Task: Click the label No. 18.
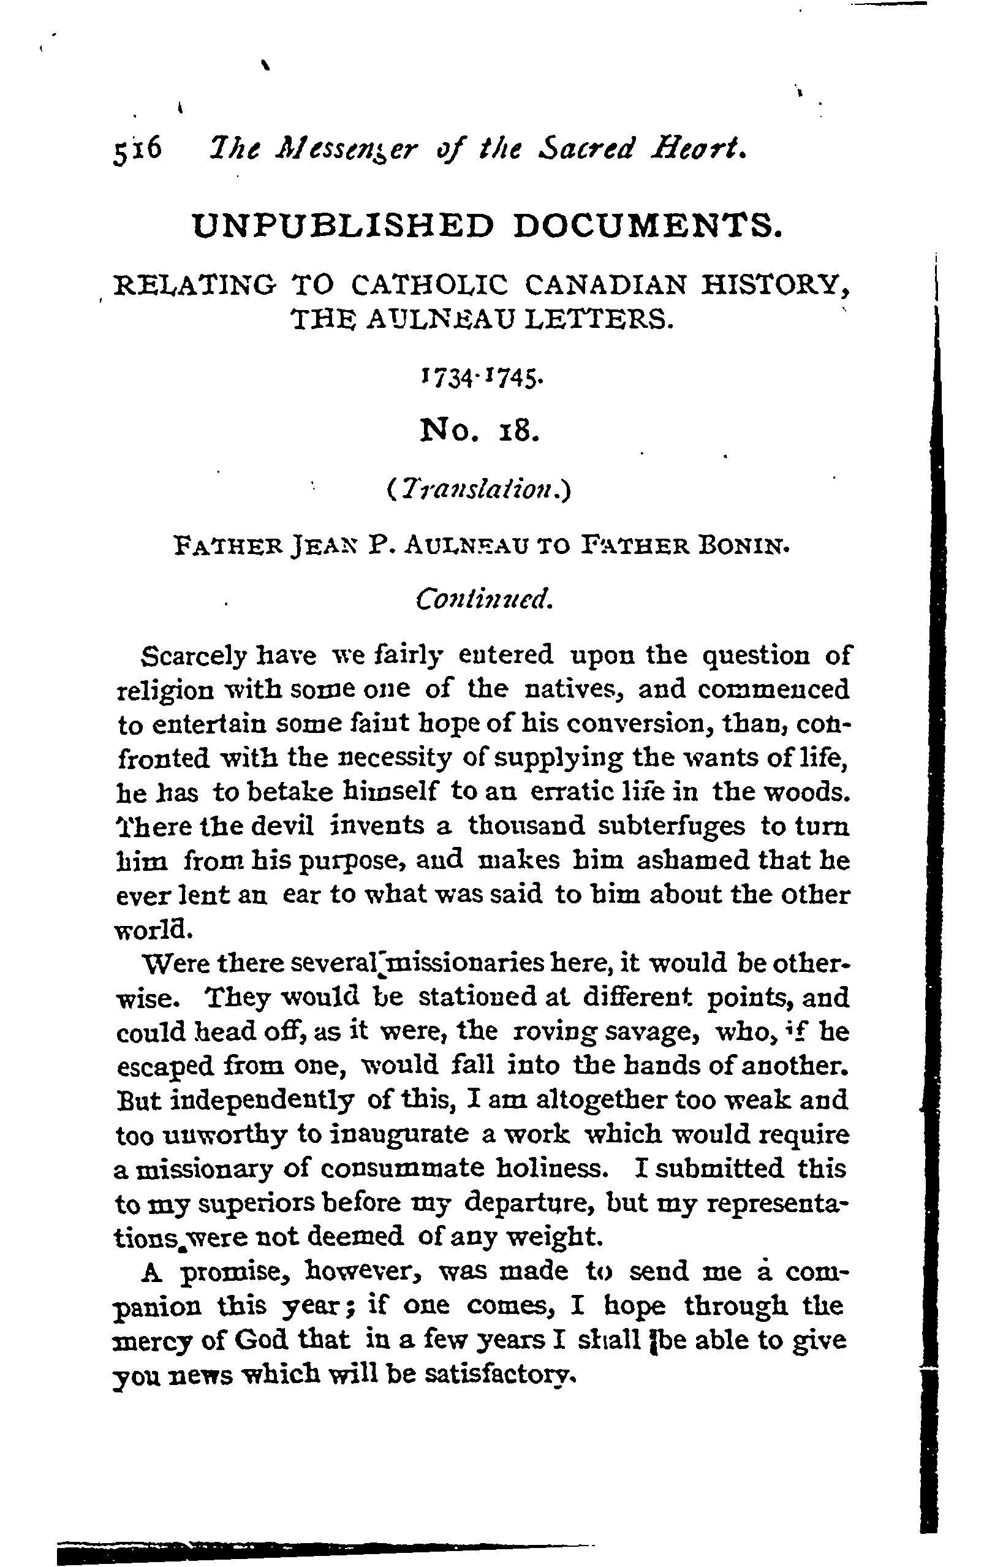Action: coord(481,430)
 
